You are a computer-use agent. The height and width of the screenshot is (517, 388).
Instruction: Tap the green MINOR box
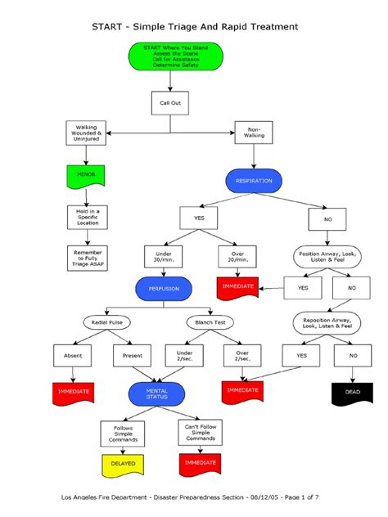[x=86, y=174]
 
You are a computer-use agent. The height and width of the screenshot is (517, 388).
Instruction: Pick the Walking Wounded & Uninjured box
[x=86, y=133]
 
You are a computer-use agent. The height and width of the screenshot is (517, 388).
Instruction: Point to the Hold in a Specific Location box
[x=86, y=216]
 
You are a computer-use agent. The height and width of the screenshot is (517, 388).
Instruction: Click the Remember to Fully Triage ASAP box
[x=86, y=258]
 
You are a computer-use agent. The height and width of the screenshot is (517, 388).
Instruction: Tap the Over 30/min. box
[x=238, y=257]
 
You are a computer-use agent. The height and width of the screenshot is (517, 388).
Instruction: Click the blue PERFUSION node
[x=164, y=289]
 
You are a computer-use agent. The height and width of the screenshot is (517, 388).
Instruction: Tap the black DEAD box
[x=353, y=393]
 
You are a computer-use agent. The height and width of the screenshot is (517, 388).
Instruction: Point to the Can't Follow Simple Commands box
[x=200, y=431]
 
